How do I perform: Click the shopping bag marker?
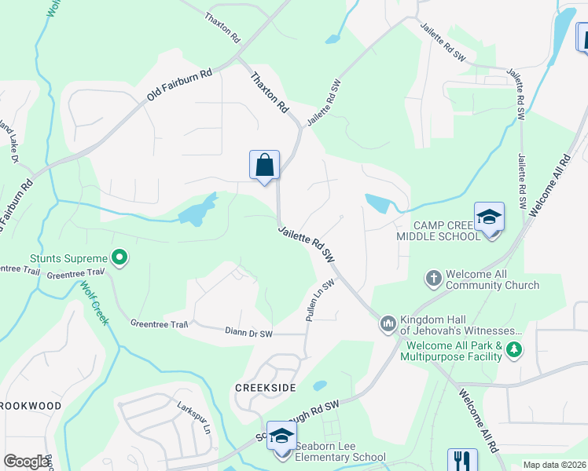pyautogui.click(x=265, y=166)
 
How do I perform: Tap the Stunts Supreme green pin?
pyautogui.click(x=119, y=256)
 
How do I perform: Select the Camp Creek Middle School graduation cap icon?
pyautogui.click(x=488, y=217)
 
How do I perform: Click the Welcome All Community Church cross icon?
pyautogui.click(x=433, y=277)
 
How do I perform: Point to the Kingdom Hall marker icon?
pyautogui.click(x=388, y=323)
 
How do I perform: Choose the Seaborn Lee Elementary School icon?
pyautogui.click(x=281, y=437)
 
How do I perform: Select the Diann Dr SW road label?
pyautogui.click(x=248, y=334)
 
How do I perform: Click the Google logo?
pyautogui.click(x=25, y=462)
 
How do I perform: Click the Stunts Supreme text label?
pyautogui.click(x=68, y=258)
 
